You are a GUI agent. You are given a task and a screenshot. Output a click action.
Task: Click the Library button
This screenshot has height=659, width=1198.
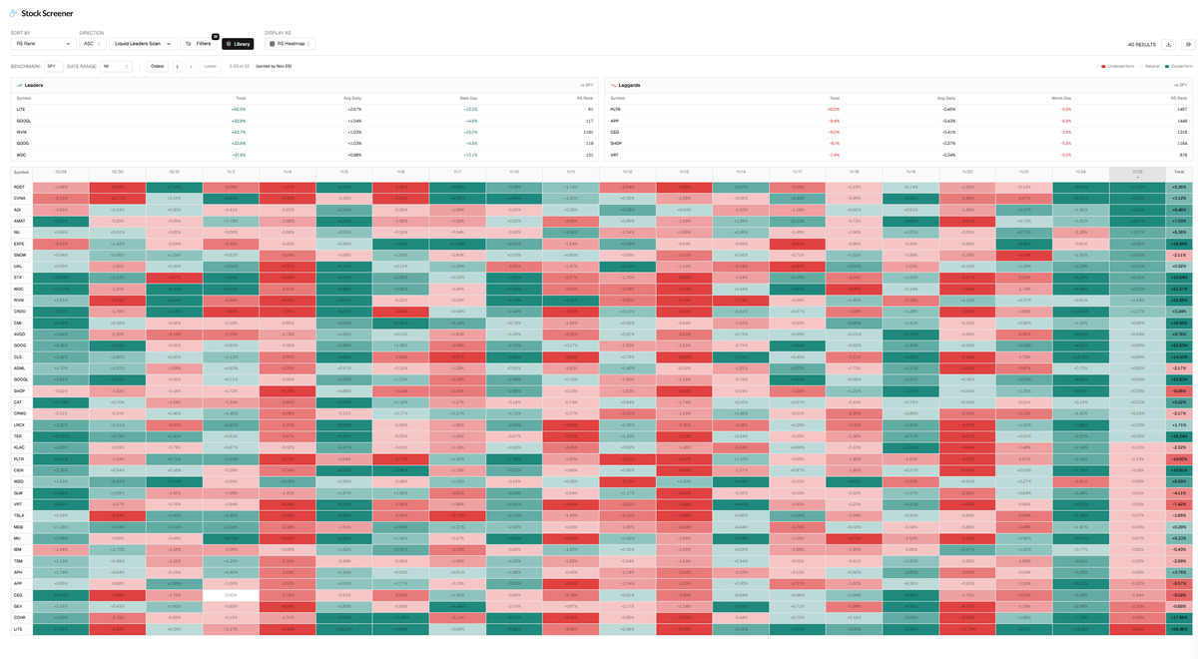pos(238,44)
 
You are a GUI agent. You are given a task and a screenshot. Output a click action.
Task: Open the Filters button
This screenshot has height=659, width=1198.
pos(199,44)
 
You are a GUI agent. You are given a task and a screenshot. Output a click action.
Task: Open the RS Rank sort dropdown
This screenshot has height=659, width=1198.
pos(42,44)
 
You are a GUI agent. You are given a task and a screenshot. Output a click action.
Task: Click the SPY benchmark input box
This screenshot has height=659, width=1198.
pos(54,66)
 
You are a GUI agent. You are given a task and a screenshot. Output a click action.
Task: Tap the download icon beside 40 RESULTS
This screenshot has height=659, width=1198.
pos(1169,44)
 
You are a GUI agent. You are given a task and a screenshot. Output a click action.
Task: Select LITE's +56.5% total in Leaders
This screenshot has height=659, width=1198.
pos(240,110)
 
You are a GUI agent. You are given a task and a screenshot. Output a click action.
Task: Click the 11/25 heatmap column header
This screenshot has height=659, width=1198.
pos(1136,173)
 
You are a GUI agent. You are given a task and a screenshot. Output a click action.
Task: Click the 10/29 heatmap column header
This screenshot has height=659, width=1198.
pos(61,173)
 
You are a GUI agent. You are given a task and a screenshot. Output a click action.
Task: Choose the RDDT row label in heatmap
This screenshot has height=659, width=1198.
pos(20,186)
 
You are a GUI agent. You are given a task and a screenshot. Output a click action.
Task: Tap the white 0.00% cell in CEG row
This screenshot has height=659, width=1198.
pos(231,594)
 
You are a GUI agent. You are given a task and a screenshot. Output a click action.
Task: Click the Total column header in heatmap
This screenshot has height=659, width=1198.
pos(1179,173)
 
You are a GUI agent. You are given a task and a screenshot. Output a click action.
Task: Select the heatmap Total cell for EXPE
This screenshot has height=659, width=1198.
pos(1179,244)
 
